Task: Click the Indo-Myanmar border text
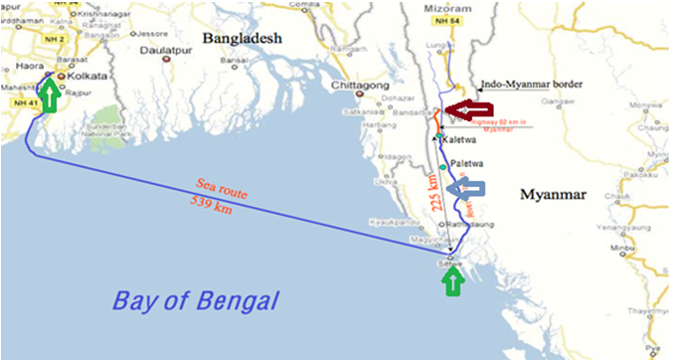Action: (530, 86)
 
